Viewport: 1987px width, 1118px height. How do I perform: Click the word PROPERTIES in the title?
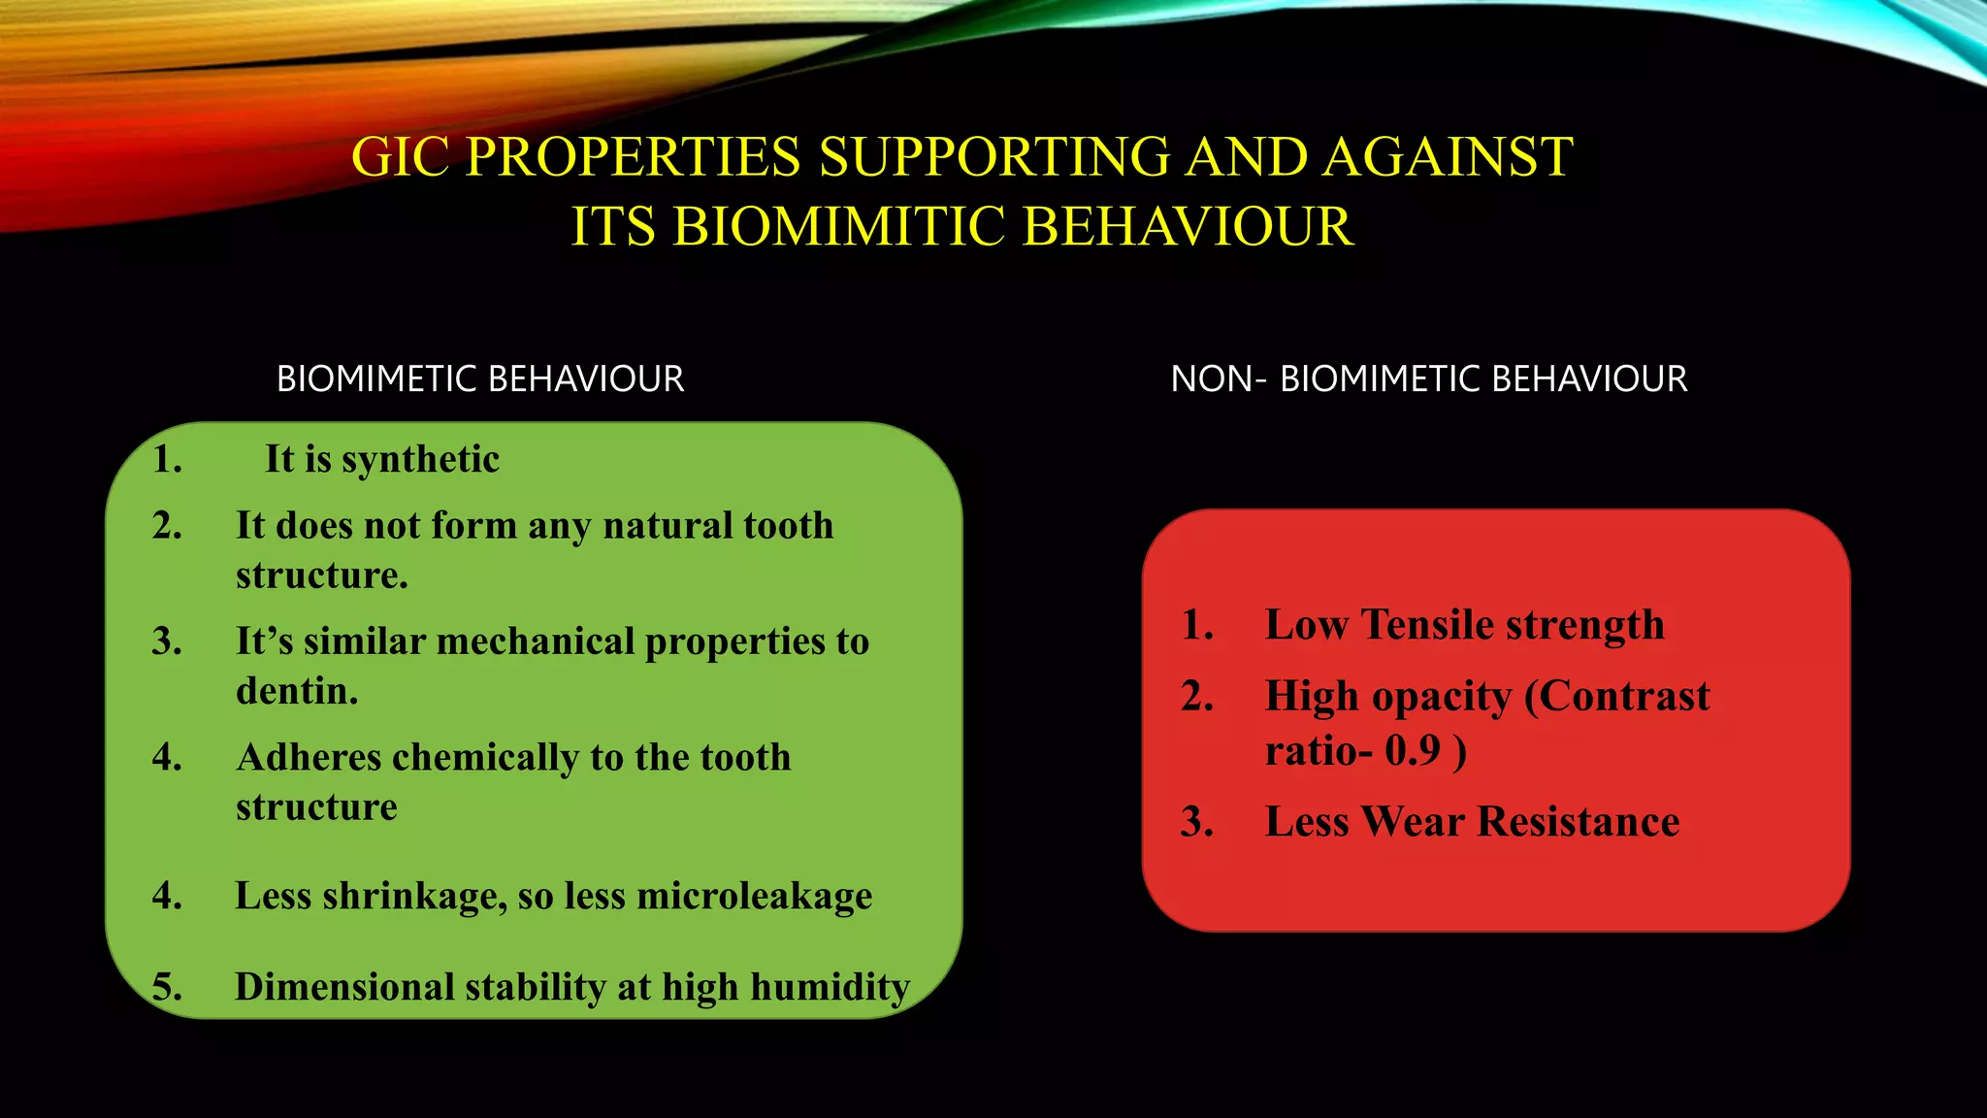point(633,157)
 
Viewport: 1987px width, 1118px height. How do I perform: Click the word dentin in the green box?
point(295,691)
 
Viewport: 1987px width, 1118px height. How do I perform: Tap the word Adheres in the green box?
point(309,757)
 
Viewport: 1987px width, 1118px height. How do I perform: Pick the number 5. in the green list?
point(167,987)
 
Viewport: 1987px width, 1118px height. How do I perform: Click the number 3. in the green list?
point(167,641)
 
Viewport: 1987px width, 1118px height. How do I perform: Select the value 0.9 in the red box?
point(1413,750)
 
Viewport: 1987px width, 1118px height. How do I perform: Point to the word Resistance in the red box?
point(1578,822)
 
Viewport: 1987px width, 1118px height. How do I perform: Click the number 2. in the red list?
point(1197,697)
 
